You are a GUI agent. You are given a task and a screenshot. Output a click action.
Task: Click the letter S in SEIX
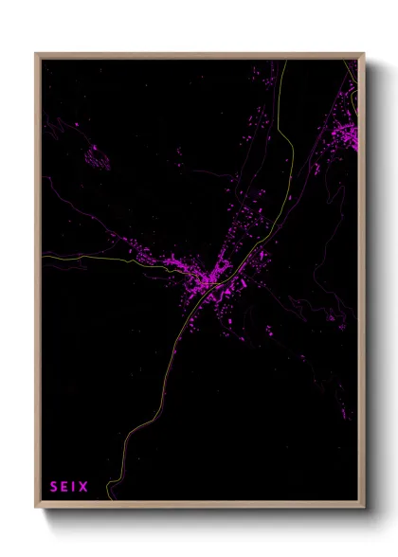pos(53,487)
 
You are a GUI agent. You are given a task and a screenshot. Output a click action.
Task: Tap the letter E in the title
pos(63,487)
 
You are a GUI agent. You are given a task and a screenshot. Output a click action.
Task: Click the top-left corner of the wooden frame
pos(36,53)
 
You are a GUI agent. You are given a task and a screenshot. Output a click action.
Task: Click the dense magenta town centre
pos(204,278)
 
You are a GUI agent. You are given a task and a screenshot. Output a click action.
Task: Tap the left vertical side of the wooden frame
pos(38,284)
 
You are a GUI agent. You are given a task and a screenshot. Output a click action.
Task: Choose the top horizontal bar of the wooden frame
pos(199,55)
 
